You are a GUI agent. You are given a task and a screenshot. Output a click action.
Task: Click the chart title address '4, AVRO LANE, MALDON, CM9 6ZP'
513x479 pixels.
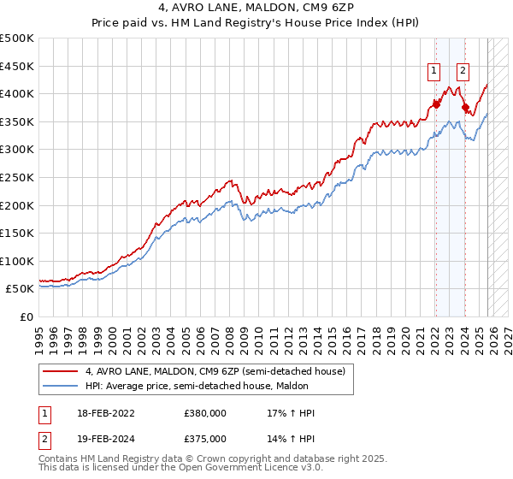click(x=256, y=9)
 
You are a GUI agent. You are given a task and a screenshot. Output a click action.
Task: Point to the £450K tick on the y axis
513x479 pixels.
click(x=17, y=66)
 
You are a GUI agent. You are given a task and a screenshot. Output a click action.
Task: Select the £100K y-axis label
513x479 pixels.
click(x=17, y=261)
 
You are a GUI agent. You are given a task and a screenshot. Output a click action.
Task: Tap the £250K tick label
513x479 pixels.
click(x=17, y=177)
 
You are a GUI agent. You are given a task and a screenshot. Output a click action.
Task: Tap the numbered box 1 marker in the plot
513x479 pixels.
click(x=434, y=71)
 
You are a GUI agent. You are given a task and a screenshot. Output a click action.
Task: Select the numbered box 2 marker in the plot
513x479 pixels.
click(x=463, y=71)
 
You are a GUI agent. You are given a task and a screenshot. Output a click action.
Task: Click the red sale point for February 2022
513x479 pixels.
click(x=435, y=104)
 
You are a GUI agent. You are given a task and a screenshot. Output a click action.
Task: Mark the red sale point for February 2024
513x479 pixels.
click(x=465, y=108)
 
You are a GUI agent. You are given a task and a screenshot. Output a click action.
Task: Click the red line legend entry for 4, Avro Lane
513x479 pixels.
click(x=214, y=371)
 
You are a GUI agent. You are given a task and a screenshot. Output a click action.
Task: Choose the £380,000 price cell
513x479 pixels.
click(x=205, y=413)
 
